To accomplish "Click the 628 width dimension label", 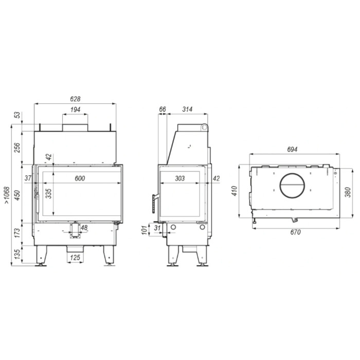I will (x=75, y=99).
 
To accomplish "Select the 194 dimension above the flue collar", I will (x=75, y=110).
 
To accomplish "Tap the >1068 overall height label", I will (x=6, y=196).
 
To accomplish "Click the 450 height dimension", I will (x=17, y=195).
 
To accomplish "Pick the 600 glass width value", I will (x=79, y=178).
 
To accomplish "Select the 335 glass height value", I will (x=48, y=193).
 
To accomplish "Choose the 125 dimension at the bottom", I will (x=75, y=257).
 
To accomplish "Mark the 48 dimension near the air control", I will (x=84, y=227).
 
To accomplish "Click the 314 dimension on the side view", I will (x=187, y=110).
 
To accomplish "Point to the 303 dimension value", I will (x=179, y=178).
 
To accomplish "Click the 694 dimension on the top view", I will (x=292, y=149).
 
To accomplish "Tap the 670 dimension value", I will (x=295, y=232).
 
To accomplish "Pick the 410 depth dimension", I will (x=234, y=191).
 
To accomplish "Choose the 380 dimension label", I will (x=348, y=192).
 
